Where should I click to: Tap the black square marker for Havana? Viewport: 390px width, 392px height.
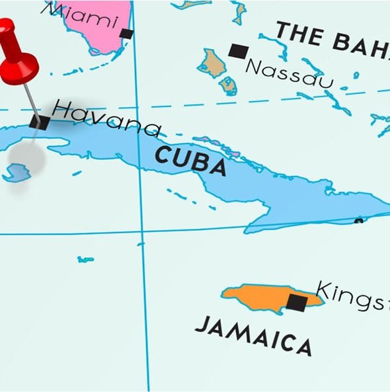tap(40, 122)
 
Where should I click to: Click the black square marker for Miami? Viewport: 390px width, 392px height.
tap(126, 34)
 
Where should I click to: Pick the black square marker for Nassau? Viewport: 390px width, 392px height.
tap(238, 50)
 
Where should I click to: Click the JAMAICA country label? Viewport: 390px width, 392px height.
tap(253, 334)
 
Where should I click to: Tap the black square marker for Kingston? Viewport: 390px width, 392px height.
tap(297, 303)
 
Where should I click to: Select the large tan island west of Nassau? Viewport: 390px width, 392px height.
tap(214, 63)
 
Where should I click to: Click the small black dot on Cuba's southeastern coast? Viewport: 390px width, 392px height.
tap(358, 221)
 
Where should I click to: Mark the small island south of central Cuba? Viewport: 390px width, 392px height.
tap(85, 259)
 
